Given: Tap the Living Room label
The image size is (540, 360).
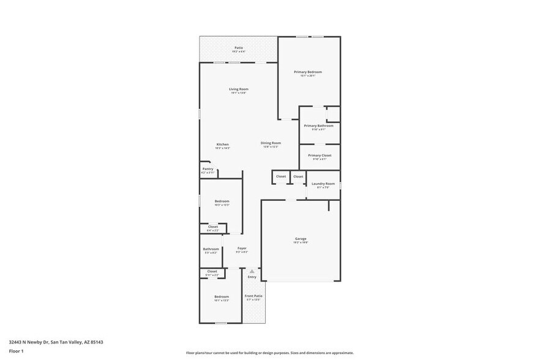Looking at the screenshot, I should pos(239,89).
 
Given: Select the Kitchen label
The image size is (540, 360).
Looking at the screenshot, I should pos(222,144).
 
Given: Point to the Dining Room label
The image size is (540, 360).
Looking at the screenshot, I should pos(271,143).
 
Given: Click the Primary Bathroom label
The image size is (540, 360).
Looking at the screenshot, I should pos(319,126).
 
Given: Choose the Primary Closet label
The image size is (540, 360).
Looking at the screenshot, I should pos(320,156).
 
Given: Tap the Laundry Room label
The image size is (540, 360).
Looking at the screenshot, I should pos(323,184).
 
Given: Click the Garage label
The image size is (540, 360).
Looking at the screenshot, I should pos(301,239).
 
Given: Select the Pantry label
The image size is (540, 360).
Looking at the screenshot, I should pos(208,169).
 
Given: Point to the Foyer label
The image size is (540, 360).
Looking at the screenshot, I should pos(242,248).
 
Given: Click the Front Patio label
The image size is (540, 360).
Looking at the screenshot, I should pos(253,296).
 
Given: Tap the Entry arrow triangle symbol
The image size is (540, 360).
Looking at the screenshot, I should pos(252,271).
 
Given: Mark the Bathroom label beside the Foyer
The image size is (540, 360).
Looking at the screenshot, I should pos(211,249).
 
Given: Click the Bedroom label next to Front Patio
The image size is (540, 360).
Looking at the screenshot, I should pos(222,296).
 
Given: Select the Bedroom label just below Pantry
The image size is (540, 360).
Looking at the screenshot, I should pos(222,201).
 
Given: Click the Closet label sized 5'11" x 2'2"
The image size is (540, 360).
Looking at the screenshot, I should pos(212,271).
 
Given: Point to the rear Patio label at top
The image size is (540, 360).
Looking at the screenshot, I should pos(239,48).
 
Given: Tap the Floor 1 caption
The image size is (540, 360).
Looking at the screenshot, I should pos(17,351).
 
